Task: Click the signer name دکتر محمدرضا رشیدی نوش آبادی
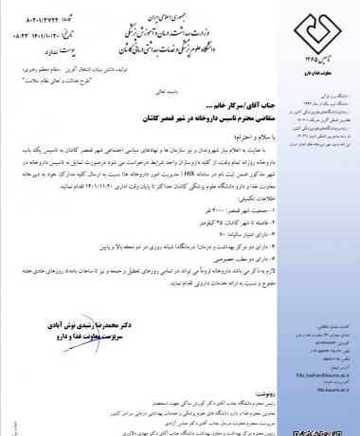[x=85, y=324]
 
